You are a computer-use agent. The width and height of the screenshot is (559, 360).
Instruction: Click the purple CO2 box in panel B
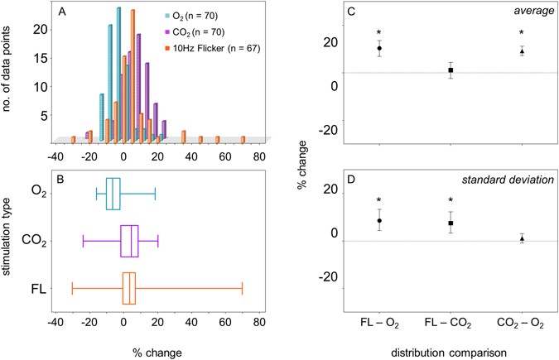pyautogui.click(x=129, y=241)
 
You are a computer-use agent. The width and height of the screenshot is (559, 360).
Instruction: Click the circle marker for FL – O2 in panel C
pyautogui.click(x=379, y=48)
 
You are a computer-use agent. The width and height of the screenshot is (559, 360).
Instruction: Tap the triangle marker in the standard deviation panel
pyautogui.click(x=522, y=238)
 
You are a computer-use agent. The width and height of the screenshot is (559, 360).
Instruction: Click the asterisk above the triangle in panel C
pyautogui.click(x=522, y=35)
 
